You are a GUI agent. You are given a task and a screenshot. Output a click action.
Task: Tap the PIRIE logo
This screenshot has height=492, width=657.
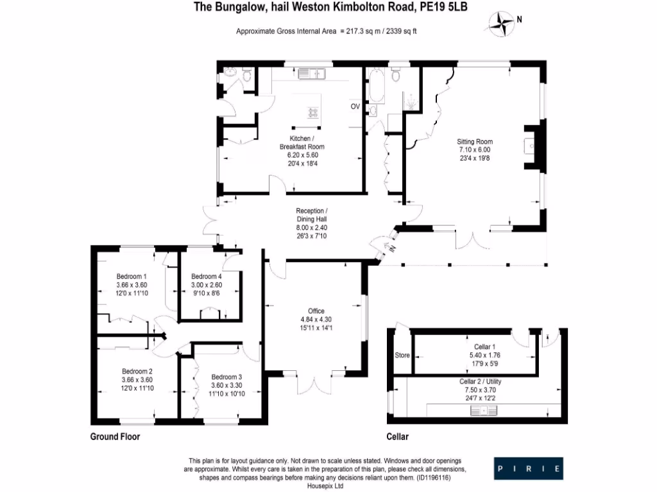(528, 468)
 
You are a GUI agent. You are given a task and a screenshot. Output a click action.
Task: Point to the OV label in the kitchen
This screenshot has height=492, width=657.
(355, 106)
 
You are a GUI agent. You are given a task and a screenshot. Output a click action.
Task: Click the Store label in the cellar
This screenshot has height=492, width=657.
(402, 355)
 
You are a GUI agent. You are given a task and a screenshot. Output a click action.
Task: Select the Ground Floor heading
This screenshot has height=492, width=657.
(115, 437)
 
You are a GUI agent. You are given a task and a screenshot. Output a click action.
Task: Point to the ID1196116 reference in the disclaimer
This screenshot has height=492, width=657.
(434, 477)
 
